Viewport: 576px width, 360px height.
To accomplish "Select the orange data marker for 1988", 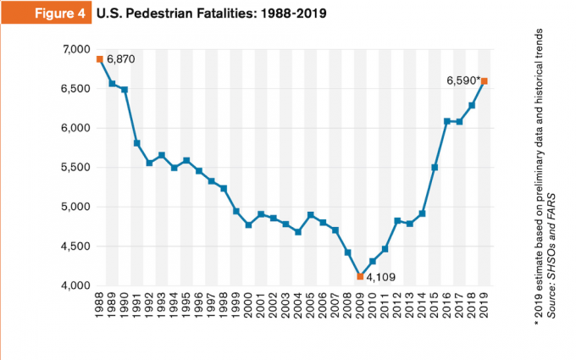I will point(100,59).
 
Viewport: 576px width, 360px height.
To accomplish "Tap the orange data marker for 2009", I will point(361,276).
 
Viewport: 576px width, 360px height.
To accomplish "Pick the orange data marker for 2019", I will point(485,81).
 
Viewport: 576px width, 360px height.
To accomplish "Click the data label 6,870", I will point(121,59).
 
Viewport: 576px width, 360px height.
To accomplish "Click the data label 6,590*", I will point(462,81).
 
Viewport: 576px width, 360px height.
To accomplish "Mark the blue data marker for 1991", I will point(137,143).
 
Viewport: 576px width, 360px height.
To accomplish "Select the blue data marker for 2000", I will point(249,224).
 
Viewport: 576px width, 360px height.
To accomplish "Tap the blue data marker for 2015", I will point(435,167).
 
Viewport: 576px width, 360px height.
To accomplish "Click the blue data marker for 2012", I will point(397,220).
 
